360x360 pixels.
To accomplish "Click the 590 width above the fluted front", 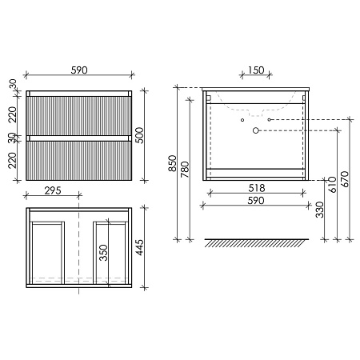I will pos(78,70).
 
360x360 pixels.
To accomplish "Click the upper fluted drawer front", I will pos(78,115).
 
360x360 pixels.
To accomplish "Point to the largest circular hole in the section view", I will pos(255,130).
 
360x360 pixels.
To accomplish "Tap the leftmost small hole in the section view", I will pos(240,118).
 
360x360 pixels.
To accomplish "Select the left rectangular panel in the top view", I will pos(47,250).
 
